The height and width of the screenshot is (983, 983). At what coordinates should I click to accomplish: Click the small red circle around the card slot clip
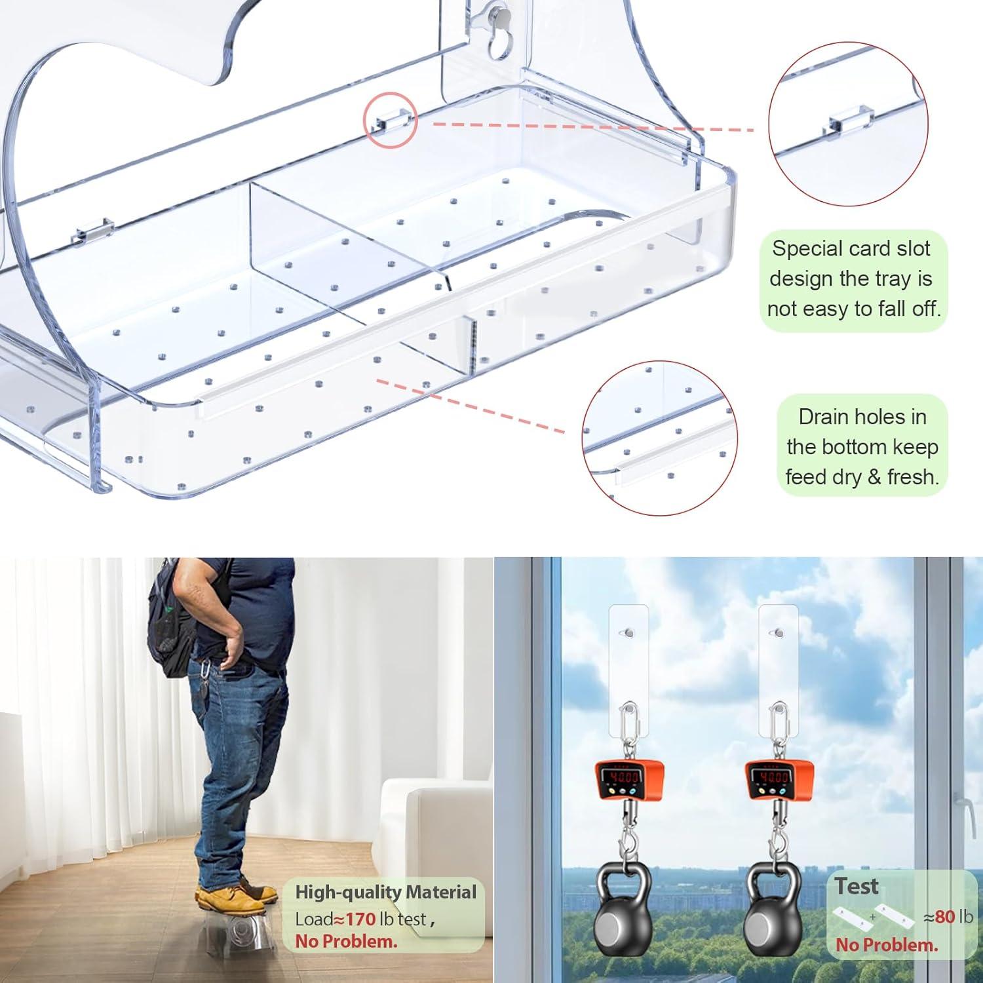coord(391,119)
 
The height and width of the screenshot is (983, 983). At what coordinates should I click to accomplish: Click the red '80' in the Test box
coord(945,916)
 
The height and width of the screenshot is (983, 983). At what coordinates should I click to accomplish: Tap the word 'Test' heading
coord(857,886)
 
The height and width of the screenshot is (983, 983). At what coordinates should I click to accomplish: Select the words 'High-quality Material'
coord(385,892)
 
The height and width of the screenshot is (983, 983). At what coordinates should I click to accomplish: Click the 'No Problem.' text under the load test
coord(346,942)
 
